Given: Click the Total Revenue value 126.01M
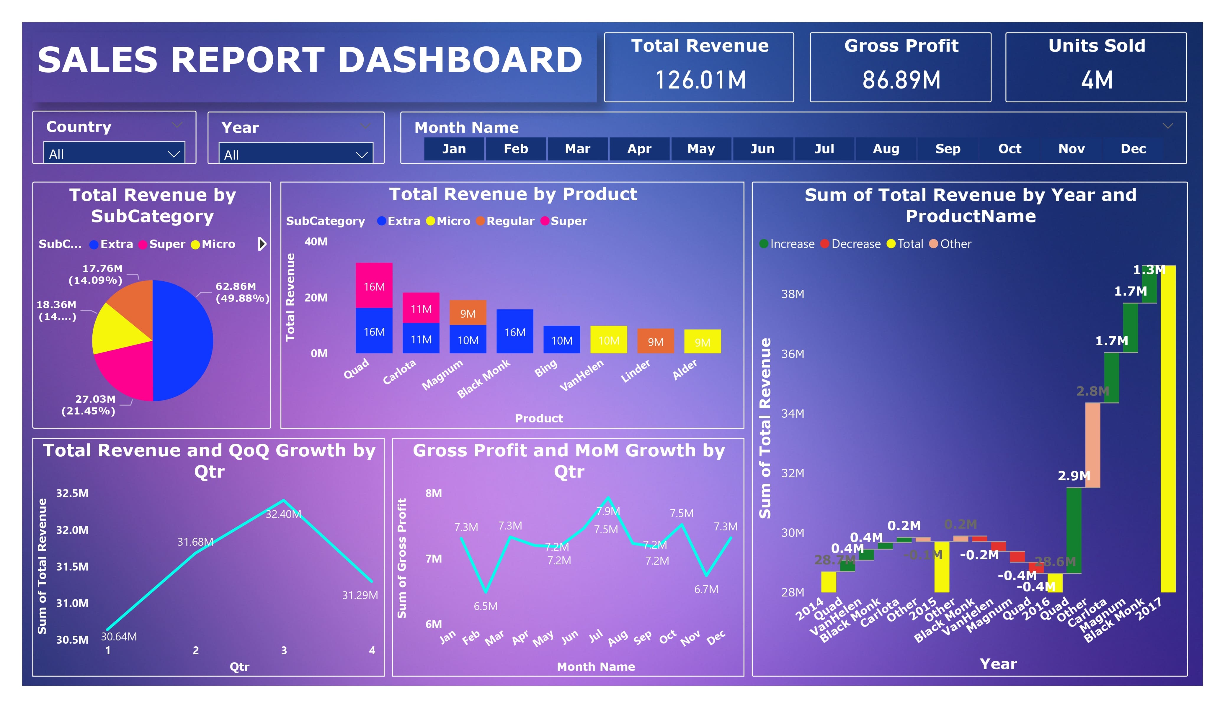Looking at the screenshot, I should (x=700, y=80).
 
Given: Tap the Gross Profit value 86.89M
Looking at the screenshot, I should (x=901, y=80).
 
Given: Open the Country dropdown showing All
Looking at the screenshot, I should (x=114, y=154).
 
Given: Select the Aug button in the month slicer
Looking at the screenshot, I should (x=886, y=149).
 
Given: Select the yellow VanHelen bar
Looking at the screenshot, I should (x=609, y=340).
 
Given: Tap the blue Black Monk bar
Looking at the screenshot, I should (x=515, y=331).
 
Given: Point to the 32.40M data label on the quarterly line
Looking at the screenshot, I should (x=283, y=514).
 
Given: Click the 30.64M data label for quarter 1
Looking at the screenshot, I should (x=119, y=637).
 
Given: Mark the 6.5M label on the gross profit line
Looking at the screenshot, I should (x=486, y=606).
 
